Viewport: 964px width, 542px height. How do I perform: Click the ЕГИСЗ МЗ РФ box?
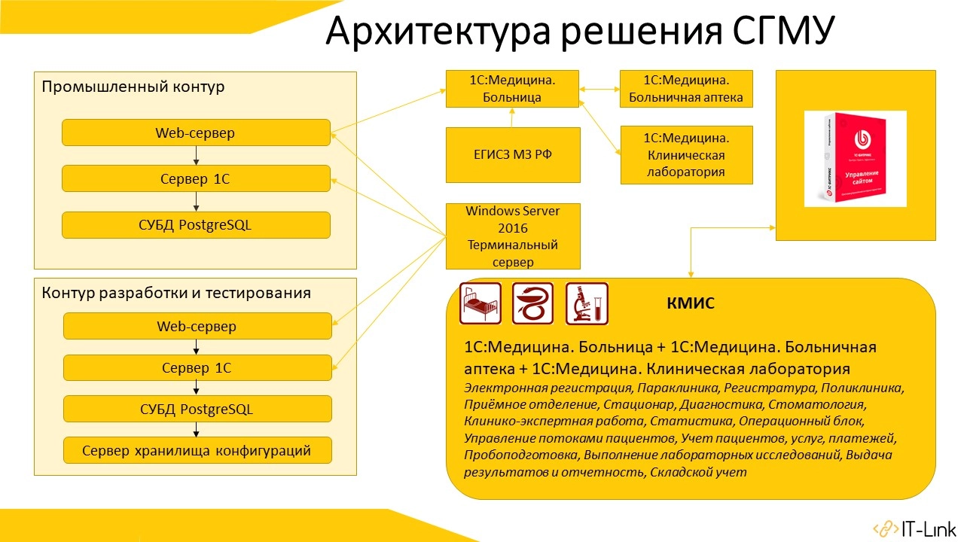tap(513, 155)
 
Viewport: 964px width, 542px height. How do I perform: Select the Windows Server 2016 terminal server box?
tap(513, 236)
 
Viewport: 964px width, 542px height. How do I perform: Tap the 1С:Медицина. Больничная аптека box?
tap(685, 88)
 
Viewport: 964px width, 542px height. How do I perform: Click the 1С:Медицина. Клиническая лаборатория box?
tap(685, 155)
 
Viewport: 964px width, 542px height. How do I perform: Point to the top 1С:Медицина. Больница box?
tap(512, 88)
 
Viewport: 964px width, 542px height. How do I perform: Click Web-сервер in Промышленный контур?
tap(196, 133)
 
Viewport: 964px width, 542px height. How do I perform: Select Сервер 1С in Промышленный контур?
tap(196, 179)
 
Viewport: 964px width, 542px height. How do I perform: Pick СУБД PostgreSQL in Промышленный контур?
tap(196, 225)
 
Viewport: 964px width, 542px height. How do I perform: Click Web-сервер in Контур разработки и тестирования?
tap(197, 327)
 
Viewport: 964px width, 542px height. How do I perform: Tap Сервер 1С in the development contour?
tap(197, 368)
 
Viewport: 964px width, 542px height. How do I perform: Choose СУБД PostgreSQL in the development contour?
tap(197, 410)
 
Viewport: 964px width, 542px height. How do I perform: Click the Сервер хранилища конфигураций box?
tap(197, 451)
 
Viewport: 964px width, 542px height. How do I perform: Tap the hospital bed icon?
tap(480, 303)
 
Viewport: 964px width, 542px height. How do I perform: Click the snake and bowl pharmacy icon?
tap(533, 303)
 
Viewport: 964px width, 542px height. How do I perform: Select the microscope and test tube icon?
tap(587, 303)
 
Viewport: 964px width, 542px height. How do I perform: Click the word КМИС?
tap(690, 304)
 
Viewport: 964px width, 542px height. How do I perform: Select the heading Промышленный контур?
tap(133, 87)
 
